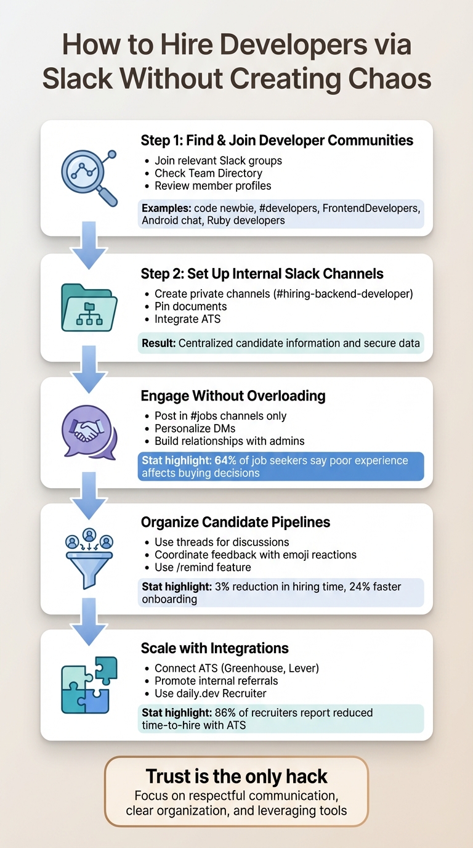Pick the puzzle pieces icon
89,684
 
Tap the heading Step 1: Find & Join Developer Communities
277,141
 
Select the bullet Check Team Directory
208,173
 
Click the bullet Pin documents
190,306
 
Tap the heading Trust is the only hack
236,776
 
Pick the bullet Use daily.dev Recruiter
210,693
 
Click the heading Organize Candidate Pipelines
235,522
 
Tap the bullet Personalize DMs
195,428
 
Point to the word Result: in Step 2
158,343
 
